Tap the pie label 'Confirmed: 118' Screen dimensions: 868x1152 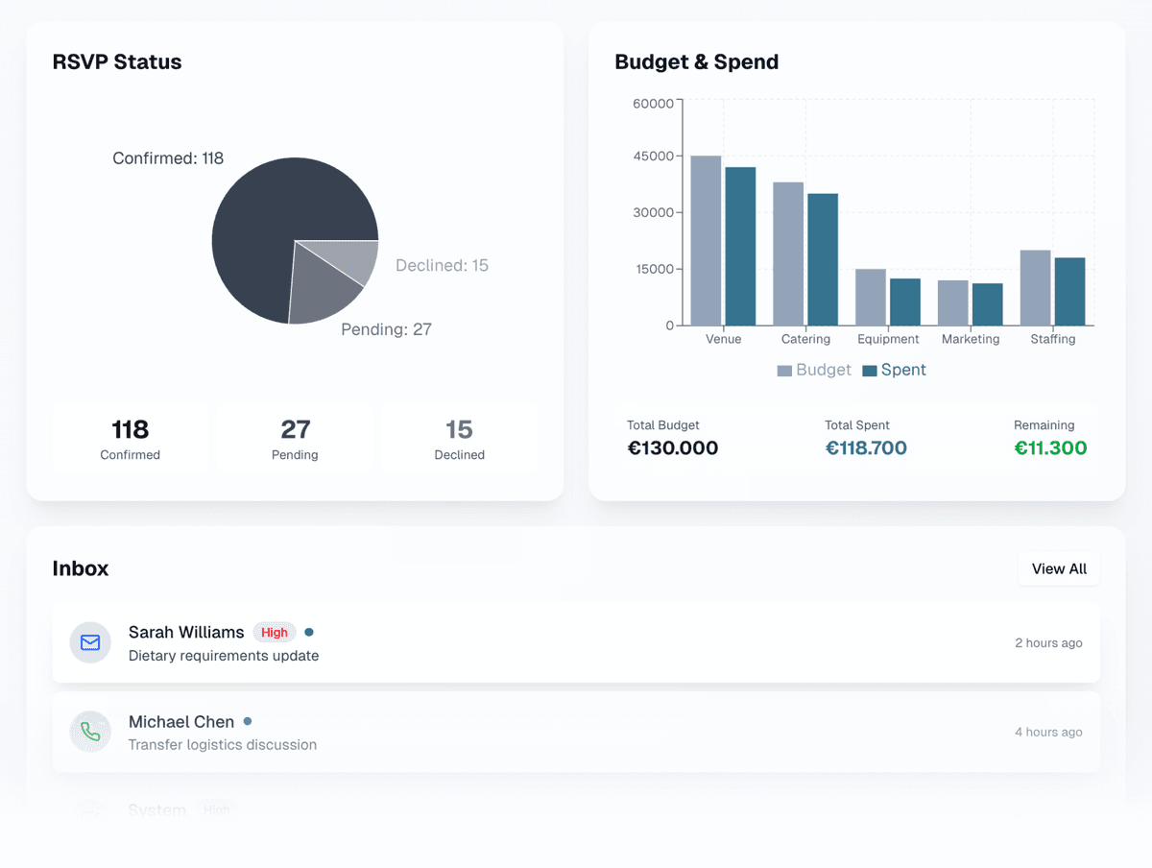pyautogui.click(x=168, y=158)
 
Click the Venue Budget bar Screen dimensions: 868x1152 pyautogui.click(x=706, y=241)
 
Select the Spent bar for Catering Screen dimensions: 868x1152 pyautogui.click(x=823, y=259)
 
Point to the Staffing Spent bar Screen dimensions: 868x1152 pyautogui.click(x=1069, y=292)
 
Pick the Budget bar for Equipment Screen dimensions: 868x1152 pyautogui.click(x=871, y=298)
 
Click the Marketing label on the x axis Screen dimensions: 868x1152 pyautogui.click(x=971, y=339)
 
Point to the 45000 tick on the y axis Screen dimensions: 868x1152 pyautogui.click(x=654, y=156)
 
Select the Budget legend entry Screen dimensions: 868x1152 pyautogui.click(x=814, y=370)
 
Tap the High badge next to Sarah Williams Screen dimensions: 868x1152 pyautogui.click(x=275, y=633)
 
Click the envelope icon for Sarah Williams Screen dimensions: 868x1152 pyautogui.click(x=90, y=642)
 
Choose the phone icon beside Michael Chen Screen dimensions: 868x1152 pyautogui.click(x=90, y=732)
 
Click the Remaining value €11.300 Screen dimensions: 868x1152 pyautogui.click(x=1050, y=448)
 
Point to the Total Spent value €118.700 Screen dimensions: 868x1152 pyautogui.click(x=866, y=448)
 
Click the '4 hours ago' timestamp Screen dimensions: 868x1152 pyautogui.click(x=1048, y=732)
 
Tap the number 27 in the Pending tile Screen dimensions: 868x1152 pyautogui.click(x=295, y=429)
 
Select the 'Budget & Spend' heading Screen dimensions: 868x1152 pyautogui.click(x=696, y=62)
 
